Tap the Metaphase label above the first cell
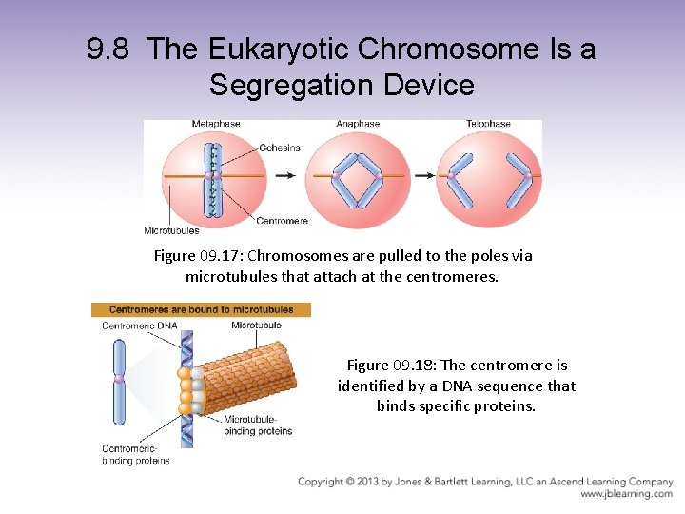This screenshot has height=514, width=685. pyautogui.click(x=216, y=124)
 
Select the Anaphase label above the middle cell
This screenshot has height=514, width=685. pyautogui.click(x=358, y=124)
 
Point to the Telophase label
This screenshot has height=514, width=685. pyautogui.click(x=489, y=124)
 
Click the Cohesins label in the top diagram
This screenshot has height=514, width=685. pyautogui.click(x=280, y=148)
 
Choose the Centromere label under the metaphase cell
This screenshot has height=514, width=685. pyautogui.click(x=283, y=221)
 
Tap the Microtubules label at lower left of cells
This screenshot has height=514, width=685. pyautogui.click(x=171, y=230)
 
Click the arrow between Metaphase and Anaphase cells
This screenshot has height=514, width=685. pyautogui.click(x=284, y=176)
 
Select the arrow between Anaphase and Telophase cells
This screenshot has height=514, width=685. pyautogui.click(x=421, y=176)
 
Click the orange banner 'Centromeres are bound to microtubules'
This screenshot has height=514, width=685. pyautogui.click(x=200, y=309)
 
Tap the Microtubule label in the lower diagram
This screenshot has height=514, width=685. pyautogui.click(x=256, y=326)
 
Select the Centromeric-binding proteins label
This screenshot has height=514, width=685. pyautogui.click(x=136, y=454)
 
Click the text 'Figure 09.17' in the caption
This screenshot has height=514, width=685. pyautogui.click(x=190, y=256)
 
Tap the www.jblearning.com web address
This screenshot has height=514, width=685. pyautogui.click(x=627, y=494)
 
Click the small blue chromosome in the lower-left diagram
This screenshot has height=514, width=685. pyautogui.click(x=120, y=382)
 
